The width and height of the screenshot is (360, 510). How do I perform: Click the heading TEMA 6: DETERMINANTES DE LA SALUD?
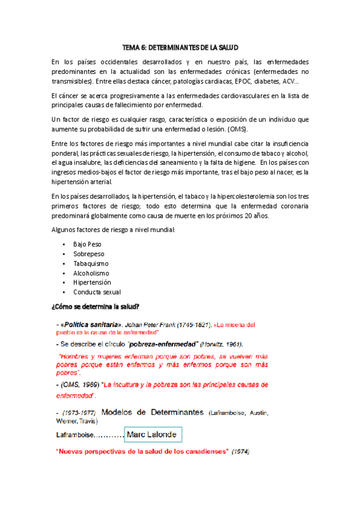[x=180, y=46]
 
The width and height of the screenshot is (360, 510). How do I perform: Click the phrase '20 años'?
[x=258, y=216]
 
